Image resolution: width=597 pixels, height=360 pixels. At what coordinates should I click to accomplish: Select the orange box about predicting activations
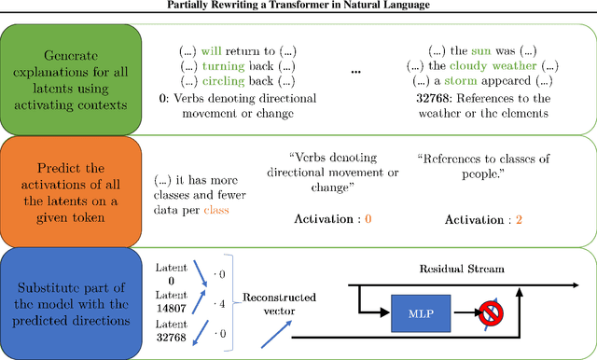71,191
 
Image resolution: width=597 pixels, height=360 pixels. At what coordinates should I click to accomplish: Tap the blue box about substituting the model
71,303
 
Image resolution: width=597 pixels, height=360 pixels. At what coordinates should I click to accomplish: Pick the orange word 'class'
215,210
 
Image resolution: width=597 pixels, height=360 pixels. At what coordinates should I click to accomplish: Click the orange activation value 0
368,218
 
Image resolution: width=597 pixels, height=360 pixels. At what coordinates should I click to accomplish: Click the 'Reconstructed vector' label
279,304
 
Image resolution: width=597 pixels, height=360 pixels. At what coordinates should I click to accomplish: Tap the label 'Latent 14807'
171,302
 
